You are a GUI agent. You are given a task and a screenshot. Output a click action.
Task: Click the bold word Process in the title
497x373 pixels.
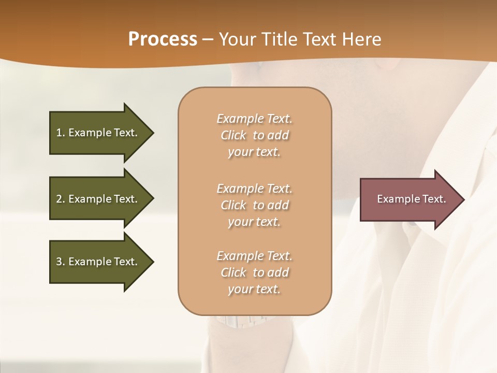[163, 39]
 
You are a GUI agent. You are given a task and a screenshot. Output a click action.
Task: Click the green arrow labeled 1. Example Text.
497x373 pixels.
[98, 133]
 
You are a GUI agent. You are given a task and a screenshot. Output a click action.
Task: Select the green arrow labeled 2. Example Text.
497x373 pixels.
[98, 199]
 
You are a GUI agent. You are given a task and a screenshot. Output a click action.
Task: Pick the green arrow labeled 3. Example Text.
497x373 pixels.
[98, 262]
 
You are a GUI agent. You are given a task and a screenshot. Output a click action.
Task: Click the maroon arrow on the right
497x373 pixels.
[409, 199]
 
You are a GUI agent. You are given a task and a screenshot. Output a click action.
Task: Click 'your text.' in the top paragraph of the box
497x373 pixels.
[254, 152]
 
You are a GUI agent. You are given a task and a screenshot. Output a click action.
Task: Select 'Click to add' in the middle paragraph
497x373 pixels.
[255, 205]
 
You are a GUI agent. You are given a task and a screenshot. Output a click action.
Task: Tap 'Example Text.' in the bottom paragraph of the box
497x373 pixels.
[255, 256]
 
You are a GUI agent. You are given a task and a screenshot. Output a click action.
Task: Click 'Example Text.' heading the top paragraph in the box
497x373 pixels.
[255, 119]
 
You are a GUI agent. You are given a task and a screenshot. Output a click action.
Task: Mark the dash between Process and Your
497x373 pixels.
[208, 39]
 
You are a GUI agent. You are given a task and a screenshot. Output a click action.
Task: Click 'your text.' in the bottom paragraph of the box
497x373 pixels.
[254, 290]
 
